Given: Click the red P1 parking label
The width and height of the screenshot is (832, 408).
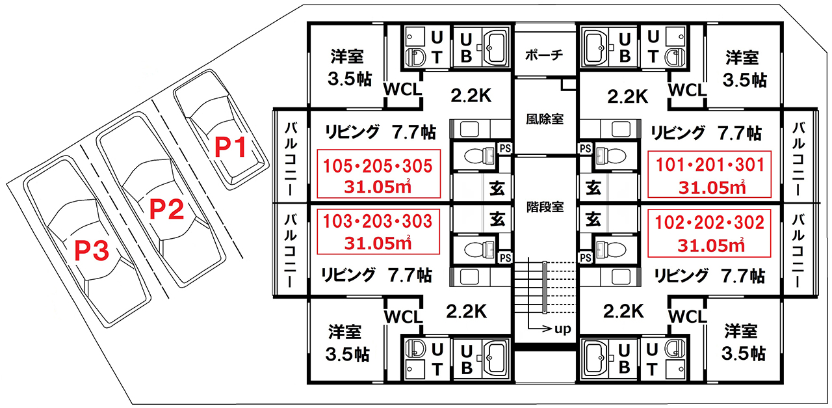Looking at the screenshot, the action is pos(230,147).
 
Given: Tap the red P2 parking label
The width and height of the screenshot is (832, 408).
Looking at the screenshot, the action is pos(167,209).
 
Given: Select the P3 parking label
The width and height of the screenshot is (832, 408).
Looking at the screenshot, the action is pos(92,251).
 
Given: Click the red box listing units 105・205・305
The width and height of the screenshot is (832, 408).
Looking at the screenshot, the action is pos(378,174).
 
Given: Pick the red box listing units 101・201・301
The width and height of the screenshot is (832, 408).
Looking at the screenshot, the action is pos(709,174).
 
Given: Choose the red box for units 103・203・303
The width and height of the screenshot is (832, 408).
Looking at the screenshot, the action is pos(378,232).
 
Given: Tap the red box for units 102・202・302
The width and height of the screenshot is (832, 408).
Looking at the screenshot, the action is pos(709,233).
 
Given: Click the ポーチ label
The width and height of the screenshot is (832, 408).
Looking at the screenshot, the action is pos(544,55).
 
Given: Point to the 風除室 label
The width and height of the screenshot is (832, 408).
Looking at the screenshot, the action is pos(545,119).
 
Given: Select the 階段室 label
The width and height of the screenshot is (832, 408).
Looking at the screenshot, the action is pos(545,207).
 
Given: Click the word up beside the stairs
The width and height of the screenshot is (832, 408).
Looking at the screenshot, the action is pos(563,329).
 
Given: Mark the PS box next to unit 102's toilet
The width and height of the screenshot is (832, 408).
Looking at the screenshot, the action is pos(586,258).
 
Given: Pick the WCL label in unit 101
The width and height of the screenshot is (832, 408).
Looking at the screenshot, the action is pos(687,90).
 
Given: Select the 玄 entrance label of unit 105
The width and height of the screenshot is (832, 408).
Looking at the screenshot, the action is pos(497,189).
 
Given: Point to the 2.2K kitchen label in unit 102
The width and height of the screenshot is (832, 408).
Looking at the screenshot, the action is pos(623,311).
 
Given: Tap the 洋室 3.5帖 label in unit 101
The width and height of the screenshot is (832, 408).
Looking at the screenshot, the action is pos(744,69).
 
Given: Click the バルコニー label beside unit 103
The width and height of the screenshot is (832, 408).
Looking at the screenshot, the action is pos(291,251).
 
